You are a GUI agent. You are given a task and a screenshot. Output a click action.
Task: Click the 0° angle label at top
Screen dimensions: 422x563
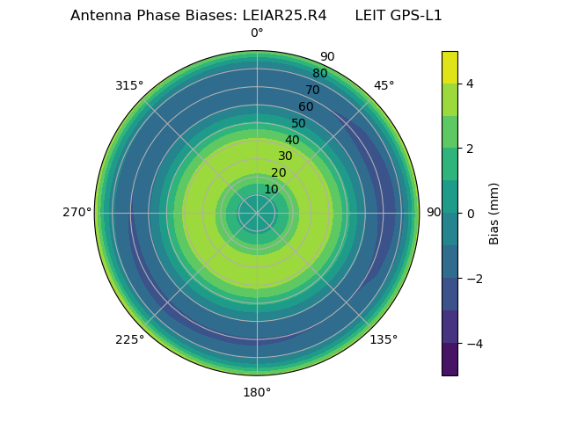257,33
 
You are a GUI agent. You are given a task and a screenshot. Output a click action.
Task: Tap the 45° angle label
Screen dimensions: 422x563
384,85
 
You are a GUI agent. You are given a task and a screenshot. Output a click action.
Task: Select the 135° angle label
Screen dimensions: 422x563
384,339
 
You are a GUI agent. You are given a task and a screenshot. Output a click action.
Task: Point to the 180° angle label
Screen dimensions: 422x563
257,392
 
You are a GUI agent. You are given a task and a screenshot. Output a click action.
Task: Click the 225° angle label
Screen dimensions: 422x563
129,339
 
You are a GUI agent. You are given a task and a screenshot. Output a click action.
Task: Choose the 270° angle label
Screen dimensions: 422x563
77,213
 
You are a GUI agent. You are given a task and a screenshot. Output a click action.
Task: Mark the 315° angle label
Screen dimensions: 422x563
129,85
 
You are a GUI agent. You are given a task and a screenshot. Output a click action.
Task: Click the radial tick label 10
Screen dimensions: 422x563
271,189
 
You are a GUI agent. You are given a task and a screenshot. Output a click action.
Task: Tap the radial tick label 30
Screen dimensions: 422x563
285,156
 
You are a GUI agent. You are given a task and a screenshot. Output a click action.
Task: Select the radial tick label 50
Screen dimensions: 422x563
299,124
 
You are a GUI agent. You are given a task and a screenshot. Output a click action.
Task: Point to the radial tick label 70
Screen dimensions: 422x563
312,91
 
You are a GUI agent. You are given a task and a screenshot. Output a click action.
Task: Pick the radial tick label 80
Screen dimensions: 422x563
319,74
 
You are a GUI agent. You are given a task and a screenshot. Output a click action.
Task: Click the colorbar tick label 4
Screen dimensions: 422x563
470,84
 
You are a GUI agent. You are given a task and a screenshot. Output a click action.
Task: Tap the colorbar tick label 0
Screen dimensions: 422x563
470,213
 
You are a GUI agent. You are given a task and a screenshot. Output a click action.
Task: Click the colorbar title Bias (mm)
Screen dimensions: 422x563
494,213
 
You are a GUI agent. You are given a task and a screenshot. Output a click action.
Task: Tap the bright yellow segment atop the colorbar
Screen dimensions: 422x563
450,67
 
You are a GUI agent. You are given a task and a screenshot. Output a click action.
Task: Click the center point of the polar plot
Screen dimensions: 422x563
257,213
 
